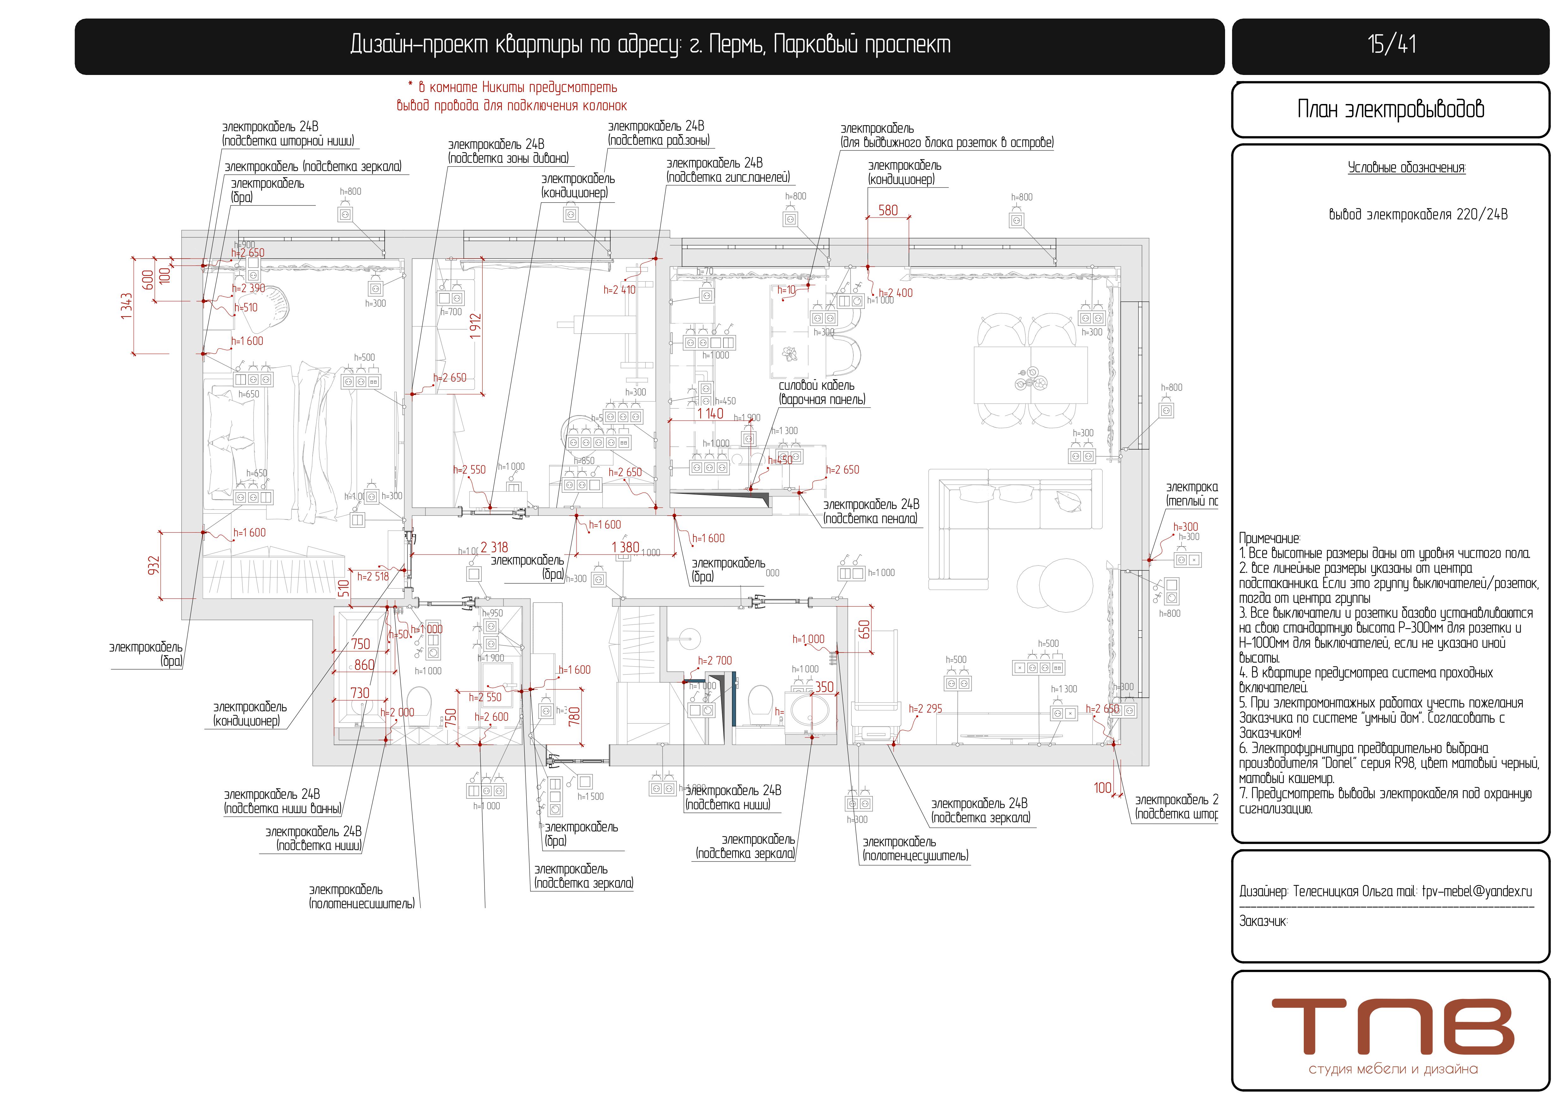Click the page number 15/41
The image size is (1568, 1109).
tap(1391, 45)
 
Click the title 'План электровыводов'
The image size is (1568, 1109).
tap(1390, 109)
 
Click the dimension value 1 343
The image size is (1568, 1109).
tap(126, 306)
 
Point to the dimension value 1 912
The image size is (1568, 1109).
tap(476, 327)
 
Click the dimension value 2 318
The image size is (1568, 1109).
tap(494, 548)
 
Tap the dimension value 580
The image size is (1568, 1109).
tap(888, 210)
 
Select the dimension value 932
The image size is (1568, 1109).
tap(154, 566)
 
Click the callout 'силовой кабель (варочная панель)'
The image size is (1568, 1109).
tap(821, 393)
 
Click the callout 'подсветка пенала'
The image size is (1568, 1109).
tap(871, 512)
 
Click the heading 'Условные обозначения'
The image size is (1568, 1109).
tap(1406, 168)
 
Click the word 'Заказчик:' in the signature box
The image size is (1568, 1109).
tap(1263, 921)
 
